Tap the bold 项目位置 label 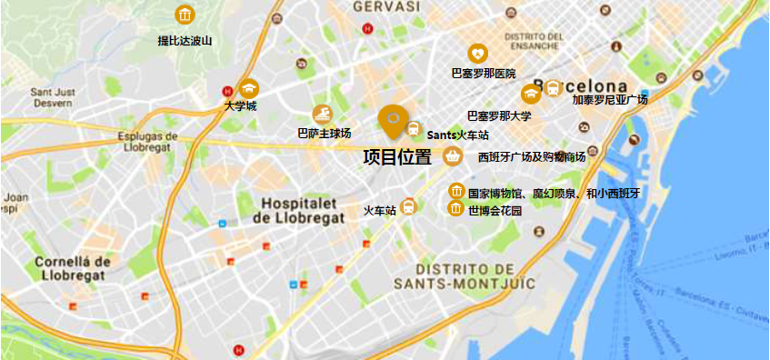397,157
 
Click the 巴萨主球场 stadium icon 321,115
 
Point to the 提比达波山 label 185,40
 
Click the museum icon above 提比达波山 185,15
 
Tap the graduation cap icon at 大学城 248,88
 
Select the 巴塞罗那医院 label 484,73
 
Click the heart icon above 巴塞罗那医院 477,54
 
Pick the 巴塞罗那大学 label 499,115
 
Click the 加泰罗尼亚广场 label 610,100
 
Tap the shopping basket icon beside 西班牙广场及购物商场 452,157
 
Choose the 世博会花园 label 495,210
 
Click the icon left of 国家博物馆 456,191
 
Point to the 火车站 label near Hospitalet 380,210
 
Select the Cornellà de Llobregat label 73,270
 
